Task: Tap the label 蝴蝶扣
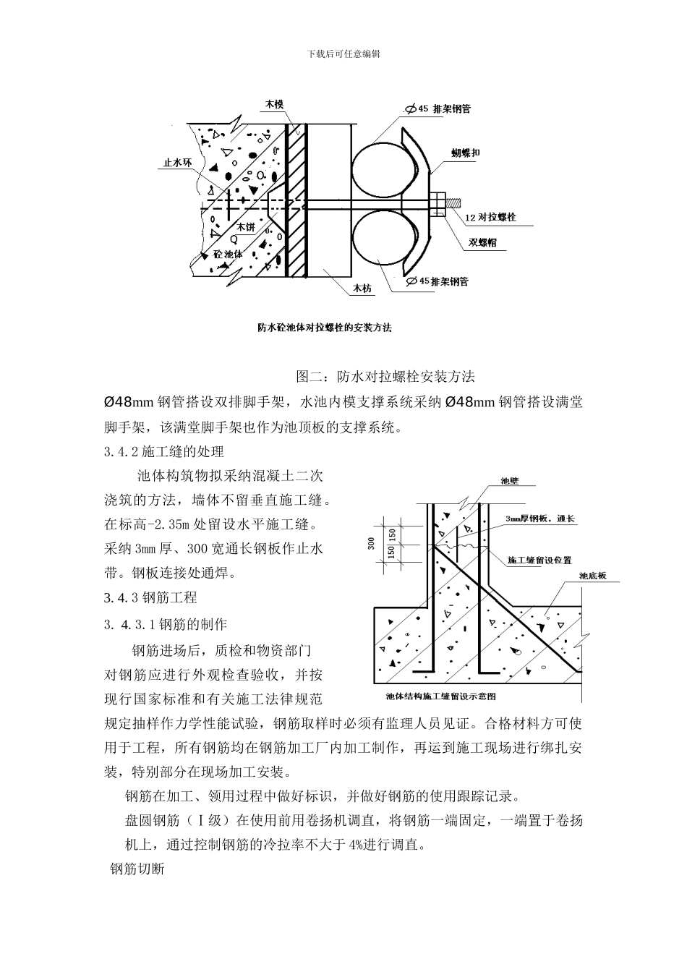click(466, 153)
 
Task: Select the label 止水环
click(176, 163)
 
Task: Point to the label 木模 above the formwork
click(273, 105)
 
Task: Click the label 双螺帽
click(482, 242)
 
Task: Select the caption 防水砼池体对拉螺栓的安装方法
click(325, 328)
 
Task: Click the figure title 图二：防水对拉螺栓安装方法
click(385, 377)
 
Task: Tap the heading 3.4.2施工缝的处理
click(164, 452)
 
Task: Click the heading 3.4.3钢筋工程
click(150, 597)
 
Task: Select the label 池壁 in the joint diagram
click(510, 481)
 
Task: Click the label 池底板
click(592, 576)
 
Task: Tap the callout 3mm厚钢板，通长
click(539, 519)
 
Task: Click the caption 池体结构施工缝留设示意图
click(440, 696)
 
